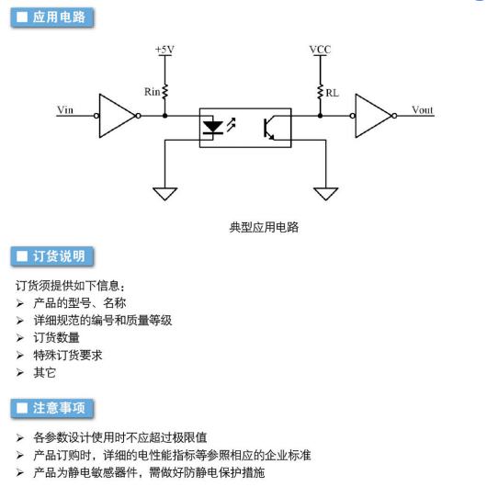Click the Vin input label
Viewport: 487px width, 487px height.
click(65, 110)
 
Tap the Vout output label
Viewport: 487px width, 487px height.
click(422, 110)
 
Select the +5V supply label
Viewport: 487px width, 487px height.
click(164, 50)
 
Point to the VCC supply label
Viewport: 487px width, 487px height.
click(320, 50)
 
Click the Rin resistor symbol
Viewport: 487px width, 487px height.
click(164, 92)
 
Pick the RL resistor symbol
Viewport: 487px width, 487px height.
click(320, 92)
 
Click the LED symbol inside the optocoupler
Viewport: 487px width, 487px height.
click(213, 128)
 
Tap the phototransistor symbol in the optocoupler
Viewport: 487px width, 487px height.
click(269, 128)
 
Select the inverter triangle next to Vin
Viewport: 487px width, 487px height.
click(118, 116)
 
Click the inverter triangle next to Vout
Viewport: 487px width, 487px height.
click(374, 116)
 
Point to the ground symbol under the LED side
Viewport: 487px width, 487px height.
click(164, 194)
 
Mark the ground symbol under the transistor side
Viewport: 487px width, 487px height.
click(326, 194)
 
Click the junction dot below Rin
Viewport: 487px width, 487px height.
click(164, 116)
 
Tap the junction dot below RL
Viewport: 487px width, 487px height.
click(320, 116)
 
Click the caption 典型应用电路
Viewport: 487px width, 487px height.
click(264, 227)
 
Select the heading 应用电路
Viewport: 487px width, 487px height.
click(59, 17)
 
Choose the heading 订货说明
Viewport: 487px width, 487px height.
click(59, 256)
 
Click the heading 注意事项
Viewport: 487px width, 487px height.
click(59, 408)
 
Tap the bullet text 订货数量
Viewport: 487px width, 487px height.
click(57, 337)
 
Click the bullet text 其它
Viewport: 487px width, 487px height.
click(45, 372)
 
